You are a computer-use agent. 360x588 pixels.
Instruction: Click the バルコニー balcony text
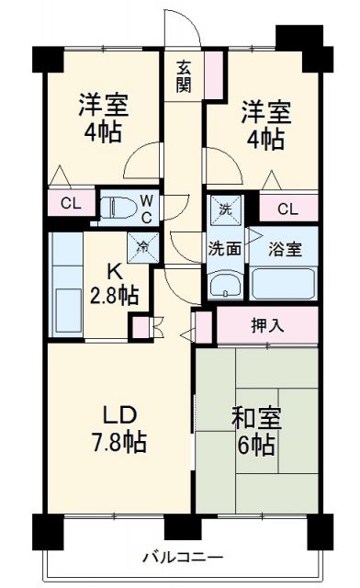[182, 557]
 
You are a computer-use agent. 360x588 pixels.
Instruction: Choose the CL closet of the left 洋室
[70, 203]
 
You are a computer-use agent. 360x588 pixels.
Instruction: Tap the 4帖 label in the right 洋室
[264, 139]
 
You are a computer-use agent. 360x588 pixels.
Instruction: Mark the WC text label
[146, 206]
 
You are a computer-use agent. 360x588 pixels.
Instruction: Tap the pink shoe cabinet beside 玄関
[214, 74]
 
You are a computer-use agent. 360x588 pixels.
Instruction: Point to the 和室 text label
[257, 419]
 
